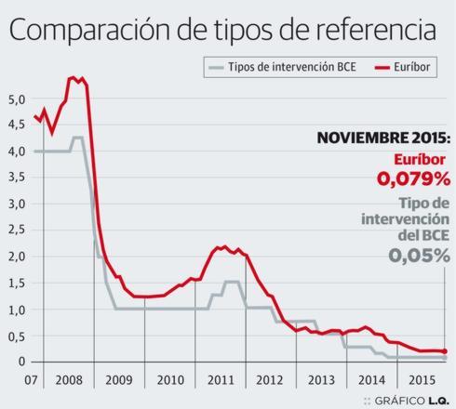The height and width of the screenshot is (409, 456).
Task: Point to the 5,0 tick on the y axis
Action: pyautogui.click(x=15, y=98)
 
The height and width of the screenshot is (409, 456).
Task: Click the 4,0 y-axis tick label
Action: pyautogui.click(x=15, y=151)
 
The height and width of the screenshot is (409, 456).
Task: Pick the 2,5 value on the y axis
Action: pyautogui.click(x=15, y=230)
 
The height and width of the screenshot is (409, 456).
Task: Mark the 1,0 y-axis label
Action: pyautogui.click(x=15, y=309)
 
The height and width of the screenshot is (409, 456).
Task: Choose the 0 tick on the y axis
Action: pyautogui.click(x=20, y=361)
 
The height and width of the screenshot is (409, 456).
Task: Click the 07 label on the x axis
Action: pyautogui.click(x=31, y=380)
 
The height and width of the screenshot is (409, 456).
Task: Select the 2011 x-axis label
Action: pyautogui.click(x=221, y=380)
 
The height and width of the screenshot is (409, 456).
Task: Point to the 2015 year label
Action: pyautogui.click(x=422, y=380)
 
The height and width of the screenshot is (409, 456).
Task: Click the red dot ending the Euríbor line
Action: pyautogui.click(x=445, y=351)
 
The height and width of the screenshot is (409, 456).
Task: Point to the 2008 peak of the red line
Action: pyautogui.click(x=73, y=78)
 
